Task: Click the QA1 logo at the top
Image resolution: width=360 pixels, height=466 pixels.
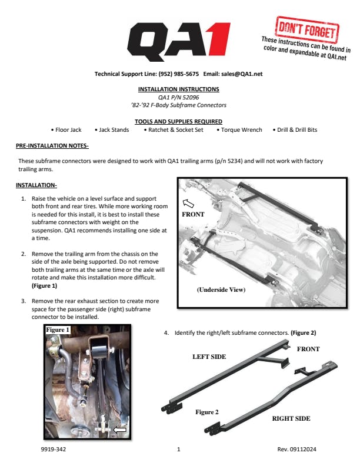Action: [x=178, y=42]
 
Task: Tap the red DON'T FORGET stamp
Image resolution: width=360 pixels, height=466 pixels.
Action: [x=308, y=29]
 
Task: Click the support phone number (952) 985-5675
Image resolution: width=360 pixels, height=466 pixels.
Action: [x=178, y=74]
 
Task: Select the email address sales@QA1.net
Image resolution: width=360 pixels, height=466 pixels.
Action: [x=242, y=74]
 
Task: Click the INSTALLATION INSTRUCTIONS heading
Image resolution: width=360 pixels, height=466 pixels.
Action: [x=178, y=89]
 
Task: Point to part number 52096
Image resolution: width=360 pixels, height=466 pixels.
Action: [x=191, y=97]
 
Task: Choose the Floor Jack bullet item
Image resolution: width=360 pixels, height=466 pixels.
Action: [x=66, y=130]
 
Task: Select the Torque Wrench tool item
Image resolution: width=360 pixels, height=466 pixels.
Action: [x=239, y=130]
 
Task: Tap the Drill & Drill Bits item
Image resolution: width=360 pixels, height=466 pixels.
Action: [x=295, y=130]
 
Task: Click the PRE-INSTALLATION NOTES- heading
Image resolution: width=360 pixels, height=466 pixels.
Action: [x=52, y=146]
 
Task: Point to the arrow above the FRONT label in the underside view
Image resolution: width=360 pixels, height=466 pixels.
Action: [x=188, y=203]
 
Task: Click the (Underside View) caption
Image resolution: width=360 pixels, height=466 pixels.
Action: [x=221, y=289]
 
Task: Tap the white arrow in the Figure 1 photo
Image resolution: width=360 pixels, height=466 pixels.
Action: [x=120, y=430]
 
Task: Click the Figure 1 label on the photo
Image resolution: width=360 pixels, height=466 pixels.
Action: [x=58, y=330]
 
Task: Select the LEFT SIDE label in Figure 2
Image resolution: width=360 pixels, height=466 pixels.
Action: [x=209, y=357]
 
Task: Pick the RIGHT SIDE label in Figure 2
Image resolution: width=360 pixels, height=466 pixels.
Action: [x=291, y=418]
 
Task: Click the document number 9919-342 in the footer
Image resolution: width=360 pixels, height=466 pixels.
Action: [x=54, y=450]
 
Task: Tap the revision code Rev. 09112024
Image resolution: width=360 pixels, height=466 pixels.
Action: [x=296, y=450]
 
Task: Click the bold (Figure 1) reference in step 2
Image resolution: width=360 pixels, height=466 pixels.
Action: [x=44, y=286]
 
